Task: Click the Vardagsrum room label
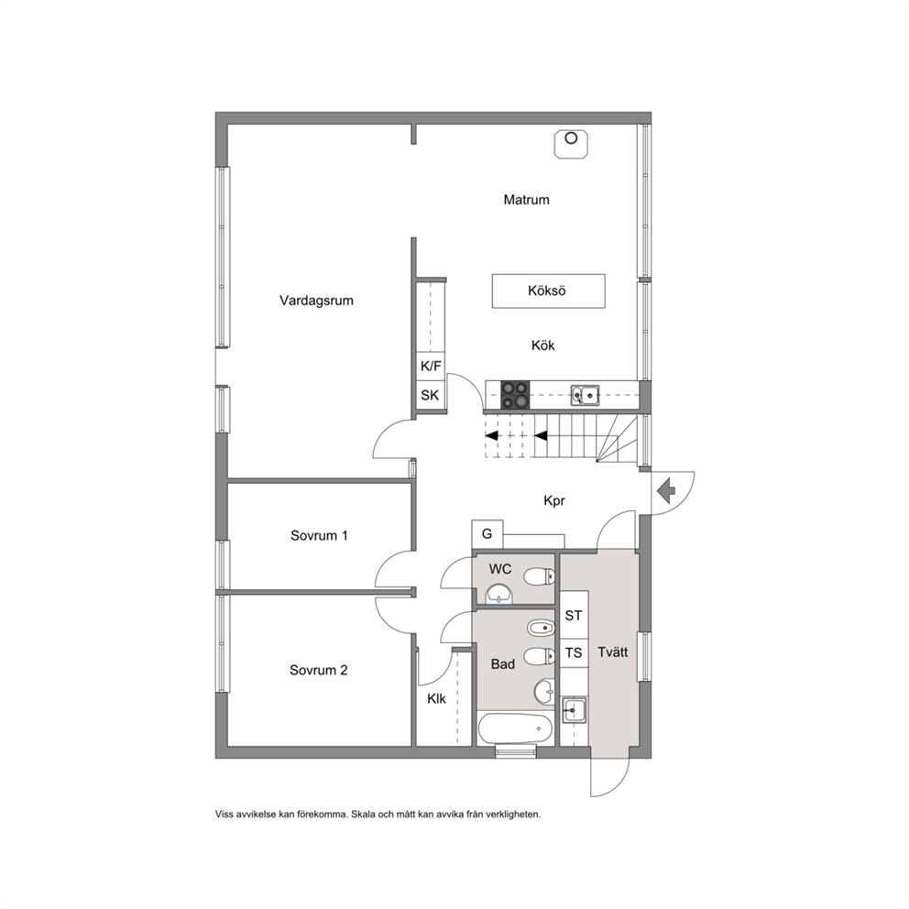316,301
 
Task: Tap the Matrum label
526,200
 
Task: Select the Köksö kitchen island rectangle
548,291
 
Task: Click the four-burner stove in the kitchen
515,395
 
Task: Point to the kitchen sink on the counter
585,395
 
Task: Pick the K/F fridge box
431,367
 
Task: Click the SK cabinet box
431,396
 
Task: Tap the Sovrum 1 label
319,535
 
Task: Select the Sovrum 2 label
318,670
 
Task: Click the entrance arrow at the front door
667,491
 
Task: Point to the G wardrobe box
487,533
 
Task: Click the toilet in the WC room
539,576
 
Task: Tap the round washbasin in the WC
498,594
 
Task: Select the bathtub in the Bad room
515,728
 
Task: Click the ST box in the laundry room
574,615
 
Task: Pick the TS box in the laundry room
574,652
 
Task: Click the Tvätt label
613,652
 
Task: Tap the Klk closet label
436,699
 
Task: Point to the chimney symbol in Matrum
571,144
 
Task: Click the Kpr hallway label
554,501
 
